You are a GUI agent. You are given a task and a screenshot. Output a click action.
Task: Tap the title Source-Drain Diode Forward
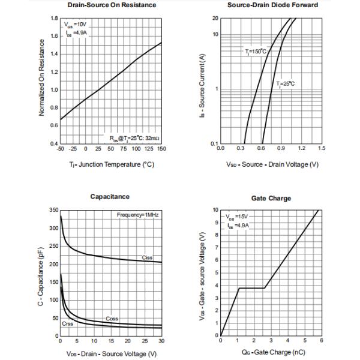[273, 5]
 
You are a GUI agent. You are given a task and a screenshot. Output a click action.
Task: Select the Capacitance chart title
[111, 196]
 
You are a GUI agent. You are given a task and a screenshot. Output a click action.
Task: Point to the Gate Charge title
[272, 198]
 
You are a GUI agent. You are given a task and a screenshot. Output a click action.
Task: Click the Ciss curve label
[147, 257]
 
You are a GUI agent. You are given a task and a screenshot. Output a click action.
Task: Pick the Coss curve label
[112, 318]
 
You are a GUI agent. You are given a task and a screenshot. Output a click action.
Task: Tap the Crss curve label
[68, 324]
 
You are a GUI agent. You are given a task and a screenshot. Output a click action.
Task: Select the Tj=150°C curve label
[256, 52]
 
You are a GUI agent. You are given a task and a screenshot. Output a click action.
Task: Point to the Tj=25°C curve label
[286, 83]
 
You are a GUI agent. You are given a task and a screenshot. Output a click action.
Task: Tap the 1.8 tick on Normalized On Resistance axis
[54, 18]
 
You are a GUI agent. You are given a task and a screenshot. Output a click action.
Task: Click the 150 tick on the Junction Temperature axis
[161, 148]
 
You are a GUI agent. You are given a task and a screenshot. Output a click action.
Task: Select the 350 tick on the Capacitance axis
[53, 210]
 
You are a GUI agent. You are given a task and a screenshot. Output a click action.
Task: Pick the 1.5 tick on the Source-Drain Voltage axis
[322, 148]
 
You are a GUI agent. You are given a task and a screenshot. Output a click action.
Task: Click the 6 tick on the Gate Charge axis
[320, 340]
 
